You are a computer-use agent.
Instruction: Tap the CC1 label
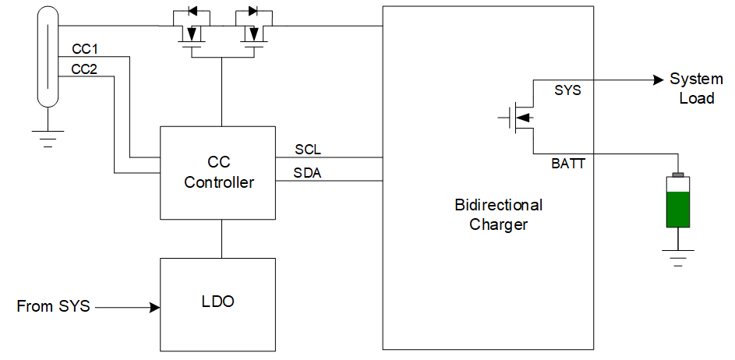(x=83, y=49)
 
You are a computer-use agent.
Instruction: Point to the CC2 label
(x=83, y=69)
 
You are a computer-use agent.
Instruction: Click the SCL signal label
(x=308, y=149)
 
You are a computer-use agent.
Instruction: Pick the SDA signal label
(x=308, y=172)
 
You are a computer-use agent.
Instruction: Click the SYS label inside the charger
(x=567, y=90)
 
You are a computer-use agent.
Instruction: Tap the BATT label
(x=568, y=164)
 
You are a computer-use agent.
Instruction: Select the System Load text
(x=696, y=88)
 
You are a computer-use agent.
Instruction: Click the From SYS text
(x=53, y=307)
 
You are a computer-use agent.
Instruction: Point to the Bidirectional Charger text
(x=499, y=215)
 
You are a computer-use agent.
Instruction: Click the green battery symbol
(x=678, y=202)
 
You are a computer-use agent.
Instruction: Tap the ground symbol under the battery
(x=678, y=256)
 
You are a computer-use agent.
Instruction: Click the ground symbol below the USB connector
(x=48, y=136)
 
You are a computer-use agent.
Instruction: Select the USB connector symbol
(x=48, y=58)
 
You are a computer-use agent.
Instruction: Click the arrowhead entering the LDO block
(x=153, y=308)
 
